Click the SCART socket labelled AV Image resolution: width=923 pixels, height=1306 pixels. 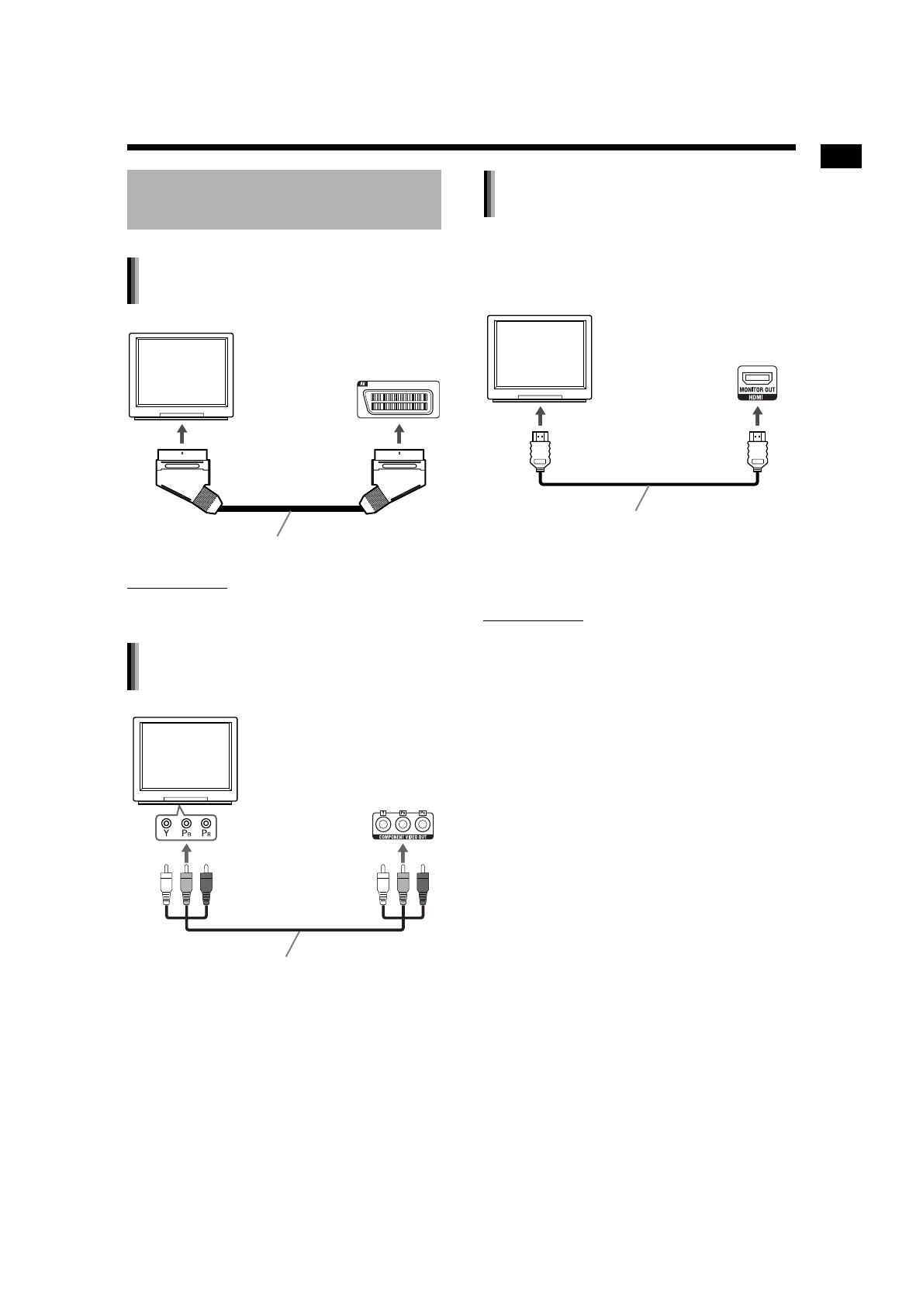pos(399,400)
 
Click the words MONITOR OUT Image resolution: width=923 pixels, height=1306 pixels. pos(755,389)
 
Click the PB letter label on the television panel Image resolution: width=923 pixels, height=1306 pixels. pos(186,835)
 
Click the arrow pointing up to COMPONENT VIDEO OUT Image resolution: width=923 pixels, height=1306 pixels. pos(402,854)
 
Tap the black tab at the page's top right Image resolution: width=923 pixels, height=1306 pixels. pos(841,156)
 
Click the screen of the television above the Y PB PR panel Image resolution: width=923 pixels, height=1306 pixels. pos(185,756)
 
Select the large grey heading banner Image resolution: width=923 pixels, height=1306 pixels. pos(284,199)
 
